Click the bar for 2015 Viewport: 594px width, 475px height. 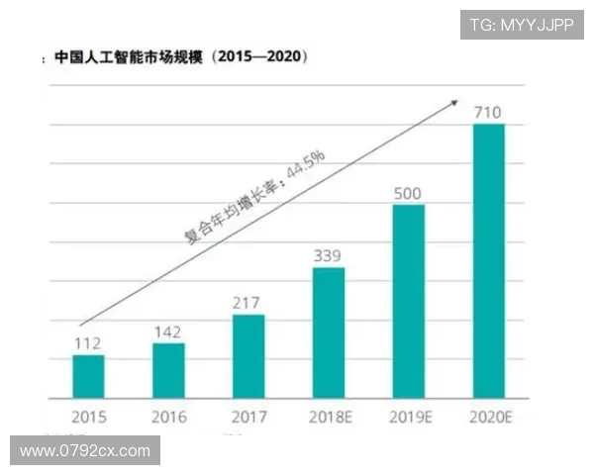88,376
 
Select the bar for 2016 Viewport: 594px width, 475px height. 168,370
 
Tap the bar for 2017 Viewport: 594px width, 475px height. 248,356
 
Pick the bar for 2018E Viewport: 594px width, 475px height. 329,332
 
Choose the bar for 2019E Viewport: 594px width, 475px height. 409,301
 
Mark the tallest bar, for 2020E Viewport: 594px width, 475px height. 489,261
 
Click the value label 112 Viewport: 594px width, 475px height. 88,343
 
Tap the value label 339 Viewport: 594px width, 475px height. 329,256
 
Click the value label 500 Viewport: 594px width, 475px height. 409,193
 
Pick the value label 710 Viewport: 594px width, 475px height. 489,112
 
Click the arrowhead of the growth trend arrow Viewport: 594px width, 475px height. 454,102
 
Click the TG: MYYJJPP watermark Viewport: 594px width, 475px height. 521,25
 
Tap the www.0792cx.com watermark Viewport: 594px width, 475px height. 84,451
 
